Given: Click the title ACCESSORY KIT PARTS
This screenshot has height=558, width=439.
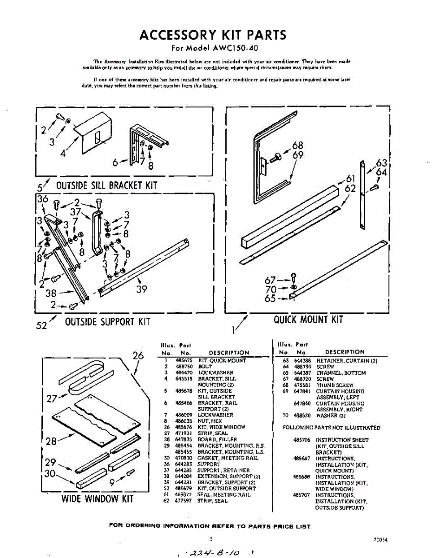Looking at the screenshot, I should click(x=213, y=35).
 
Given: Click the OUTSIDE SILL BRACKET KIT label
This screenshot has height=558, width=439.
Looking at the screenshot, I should click(x=106, y=186).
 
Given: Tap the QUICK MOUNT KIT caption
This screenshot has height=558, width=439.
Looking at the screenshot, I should click(x=308, y=319).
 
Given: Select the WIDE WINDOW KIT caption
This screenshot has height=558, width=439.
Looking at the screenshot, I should click(x=98, y=499).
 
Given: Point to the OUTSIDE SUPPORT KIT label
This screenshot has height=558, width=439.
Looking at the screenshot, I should click(x=107, y=321).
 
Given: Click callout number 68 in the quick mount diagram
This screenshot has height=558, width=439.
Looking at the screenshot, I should click(x=298, y=146).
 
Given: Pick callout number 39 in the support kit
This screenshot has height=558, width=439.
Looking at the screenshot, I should click(x=142, y=289).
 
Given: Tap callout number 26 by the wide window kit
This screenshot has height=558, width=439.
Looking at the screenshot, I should click(x=138, y=356).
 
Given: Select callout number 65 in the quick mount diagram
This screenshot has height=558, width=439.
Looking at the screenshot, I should click(x=270, y=299).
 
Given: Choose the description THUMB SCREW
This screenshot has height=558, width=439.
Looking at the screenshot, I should click(x=334, y=385).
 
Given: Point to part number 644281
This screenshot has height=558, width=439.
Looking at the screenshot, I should click(x=182, y=482).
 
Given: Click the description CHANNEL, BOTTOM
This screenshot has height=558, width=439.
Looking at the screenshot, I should click(x=341, y=373).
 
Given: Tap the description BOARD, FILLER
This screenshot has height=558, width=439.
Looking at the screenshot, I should click(x=217, y=439).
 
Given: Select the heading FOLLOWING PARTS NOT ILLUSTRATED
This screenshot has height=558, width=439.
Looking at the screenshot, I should click(x=331, y=427).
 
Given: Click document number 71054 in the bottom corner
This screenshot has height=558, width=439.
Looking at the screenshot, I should click(x=380, y=540).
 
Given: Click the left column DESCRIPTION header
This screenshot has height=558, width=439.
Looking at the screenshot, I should click(x=229, y=353).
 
